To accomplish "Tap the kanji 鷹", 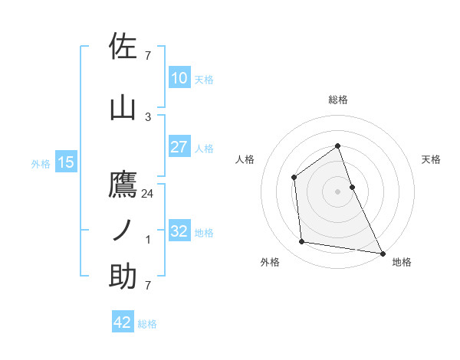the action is pyautogui.click(x=123, y=185).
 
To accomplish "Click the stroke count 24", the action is pyautogui.click(x=148, y=194).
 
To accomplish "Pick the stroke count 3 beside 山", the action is pyautogui.click(x=148, y=116).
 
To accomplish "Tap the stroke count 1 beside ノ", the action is pyautogui.click(x=148, y=240).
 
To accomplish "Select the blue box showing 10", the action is pyautogui.click(x=179, y=78).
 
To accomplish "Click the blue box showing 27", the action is pyautogui.click(x=179, y=147).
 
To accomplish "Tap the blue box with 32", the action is pyautogui.click(x=179, y=231).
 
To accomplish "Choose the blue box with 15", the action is pyautogui.click(x=65, y=162).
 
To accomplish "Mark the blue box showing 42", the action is pyautogui.click(x=122, y=322).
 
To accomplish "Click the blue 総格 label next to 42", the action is pyautogui.click(x=147, y=324).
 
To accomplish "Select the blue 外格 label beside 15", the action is pyautogui.click(x=41, y=163).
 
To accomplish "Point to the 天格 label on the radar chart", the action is pyautogui.click(x=432, y=159).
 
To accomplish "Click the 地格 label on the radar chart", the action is pyautogui.click(x=402, y=262).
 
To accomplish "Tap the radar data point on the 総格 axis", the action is pyautogui.click(x=337, y=146).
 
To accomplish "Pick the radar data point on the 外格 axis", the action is pyautogui.click(x=302, y=242).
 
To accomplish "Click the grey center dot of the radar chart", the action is pyautogui.click(x=337, y=191).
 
